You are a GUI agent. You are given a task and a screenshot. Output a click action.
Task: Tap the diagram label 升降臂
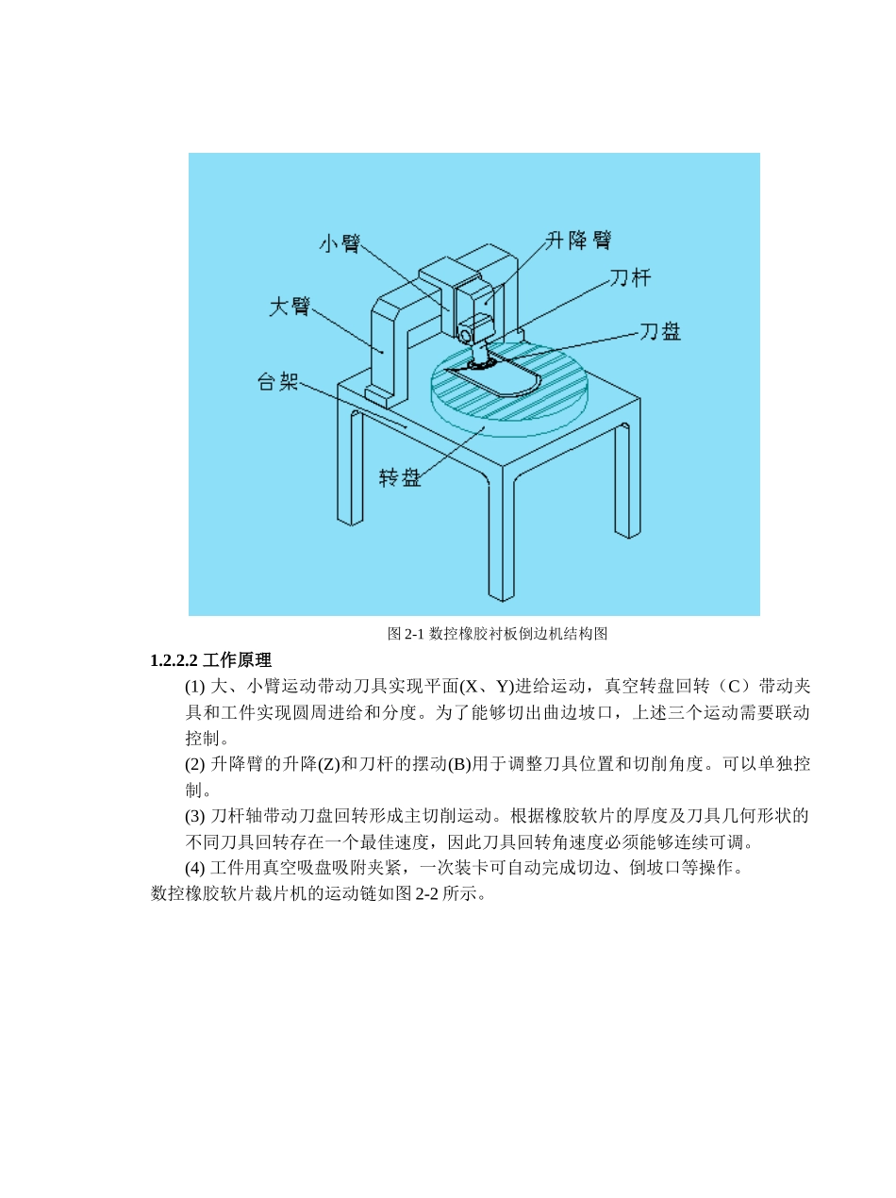578,241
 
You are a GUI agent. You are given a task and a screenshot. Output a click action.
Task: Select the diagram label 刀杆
629,277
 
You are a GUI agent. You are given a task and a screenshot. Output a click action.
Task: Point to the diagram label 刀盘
659,331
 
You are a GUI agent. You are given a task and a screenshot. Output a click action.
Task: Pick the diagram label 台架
278,382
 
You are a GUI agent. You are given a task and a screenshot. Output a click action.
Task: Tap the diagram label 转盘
400,477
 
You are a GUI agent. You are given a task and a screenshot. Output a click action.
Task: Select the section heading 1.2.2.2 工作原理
210,660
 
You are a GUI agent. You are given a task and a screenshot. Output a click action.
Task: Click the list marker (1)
194,686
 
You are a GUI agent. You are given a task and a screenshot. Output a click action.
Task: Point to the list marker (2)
194,764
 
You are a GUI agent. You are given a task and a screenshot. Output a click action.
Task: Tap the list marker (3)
194,816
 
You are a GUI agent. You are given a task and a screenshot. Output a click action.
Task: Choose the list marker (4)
194,868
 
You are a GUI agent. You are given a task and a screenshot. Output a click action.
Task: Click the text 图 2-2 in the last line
417,893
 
